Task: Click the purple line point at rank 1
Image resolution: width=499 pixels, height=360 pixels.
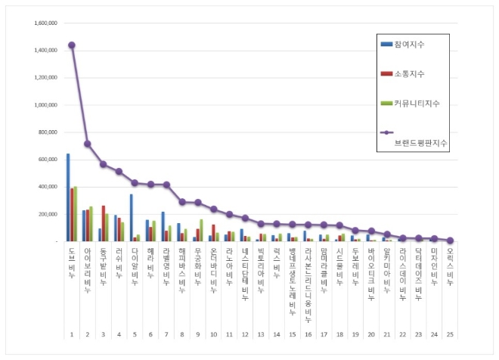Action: tap(72, 45)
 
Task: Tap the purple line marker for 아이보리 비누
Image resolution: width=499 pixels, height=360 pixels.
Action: tap(88, 144)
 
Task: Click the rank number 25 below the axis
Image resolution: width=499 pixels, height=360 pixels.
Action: tap(450, 334)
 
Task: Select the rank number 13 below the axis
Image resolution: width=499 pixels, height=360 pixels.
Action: tap(261, 334)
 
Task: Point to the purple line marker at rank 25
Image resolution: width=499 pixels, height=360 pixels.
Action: tap(450, 241)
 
